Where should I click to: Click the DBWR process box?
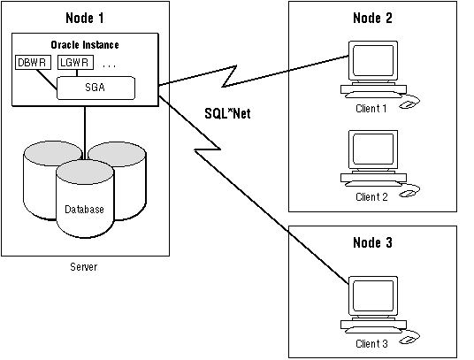point(33,62)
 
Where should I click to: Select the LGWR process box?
point(75,62)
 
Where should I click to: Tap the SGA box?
point(96,88)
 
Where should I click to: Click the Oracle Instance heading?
point(85,45)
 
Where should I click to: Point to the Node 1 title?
point(85,18)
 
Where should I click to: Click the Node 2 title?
point(372,18)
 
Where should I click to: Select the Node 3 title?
point(372,242)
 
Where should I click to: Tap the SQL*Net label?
point(227,113)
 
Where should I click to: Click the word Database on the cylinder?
point(84,209)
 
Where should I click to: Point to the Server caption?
point(84,267)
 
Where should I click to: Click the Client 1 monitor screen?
point(373,60)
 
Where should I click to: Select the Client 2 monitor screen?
point(373,149)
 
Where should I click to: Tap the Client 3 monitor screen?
point(373,295)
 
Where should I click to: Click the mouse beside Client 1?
point(408,104)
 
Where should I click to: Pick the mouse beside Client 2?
point(408,193)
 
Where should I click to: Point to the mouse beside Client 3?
point(408,340)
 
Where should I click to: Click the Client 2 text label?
point(371,197)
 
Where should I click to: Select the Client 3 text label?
point(371,344)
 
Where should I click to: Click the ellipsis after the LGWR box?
point(109,66)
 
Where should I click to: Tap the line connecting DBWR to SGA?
point(47,80)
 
